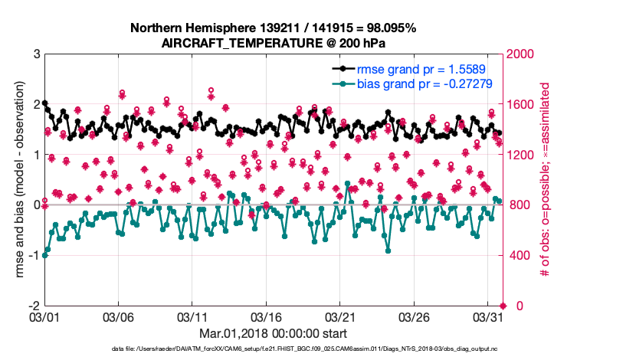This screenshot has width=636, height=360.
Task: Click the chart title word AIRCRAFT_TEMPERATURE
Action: click(x=226, y=44)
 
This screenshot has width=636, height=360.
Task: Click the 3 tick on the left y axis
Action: click(x=36, y=54)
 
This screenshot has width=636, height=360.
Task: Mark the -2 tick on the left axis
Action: click(x=34, y=306)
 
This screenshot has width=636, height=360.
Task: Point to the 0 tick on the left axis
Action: click(x=36, y=205)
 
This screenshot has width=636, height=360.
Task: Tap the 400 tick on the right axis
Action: click(x=518, y=256)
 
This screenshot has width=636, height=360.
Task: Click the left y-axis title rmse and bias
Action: click(x=15, y=180)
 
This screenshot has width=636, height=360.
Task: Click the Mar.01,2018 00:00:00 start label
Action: click(x=273, y=333)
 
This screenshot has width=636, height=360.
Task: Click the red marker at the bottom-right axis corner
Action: click(x=503, y=306)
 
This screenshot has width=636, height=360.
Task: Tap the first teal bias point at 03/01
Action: click(x=44, y=255)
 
